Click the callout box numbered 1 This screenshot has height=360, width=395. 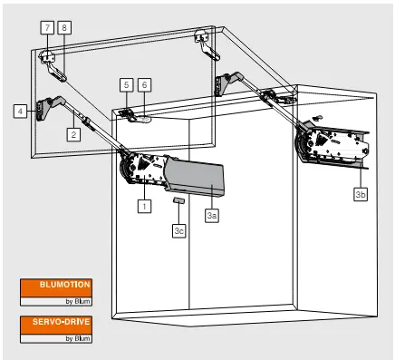click(x=144, y=206)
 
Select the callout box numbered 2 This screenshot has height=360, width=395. click(x=73, y=134)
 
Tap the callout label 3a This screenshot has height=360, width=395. click(x=212, y=216)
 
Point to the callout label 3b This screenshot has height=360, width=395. click(x=361, y=194)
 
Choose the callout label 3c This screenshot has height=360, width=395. click(x=179, y=230)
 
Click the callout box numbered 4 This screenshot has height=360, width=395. click(x=20, y=111)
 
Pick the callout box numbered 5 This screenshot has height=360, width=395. click(x=127, y=85)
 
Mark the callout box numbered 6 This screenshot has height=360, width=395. click(x=144, y=85)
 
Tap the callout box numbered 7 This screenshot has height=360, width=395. click(x=47, y=27)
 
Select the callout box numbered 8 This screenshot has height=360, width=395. click(x=64, y=27)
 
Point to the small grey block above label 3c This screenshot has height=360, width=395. click(x=178, y=200)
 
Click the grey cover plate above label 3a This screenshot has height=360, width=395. click(x=194, y=178)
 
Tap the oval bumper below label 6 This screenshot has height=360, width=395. click(x=145, y=120)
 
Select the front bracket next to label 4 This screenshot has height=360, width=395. click(x=43, y=109)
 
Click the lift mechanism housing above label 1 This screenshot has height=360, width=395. click(x=142, y=169)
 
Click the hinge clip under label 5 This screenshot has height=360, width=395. click(x=127, y=115)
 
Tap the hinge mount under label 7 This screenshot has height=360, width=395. click(x=47, y=56)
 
